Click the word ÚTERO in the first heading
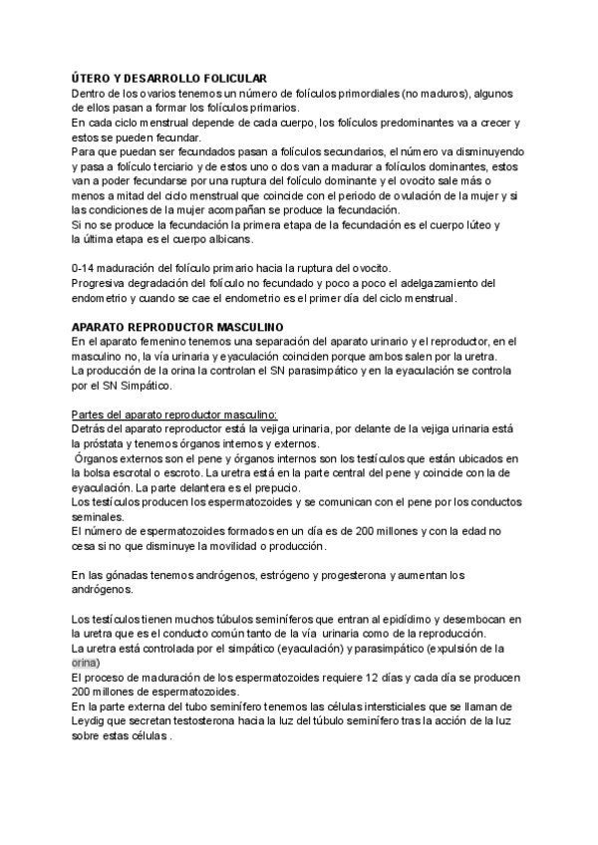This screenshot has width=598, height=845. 93,79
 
